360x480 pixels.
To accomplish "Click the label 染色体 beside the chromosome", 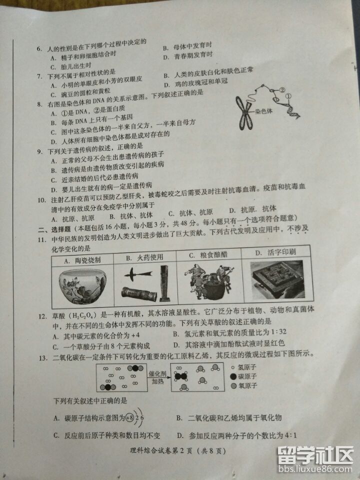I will (x=263, y=111).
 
